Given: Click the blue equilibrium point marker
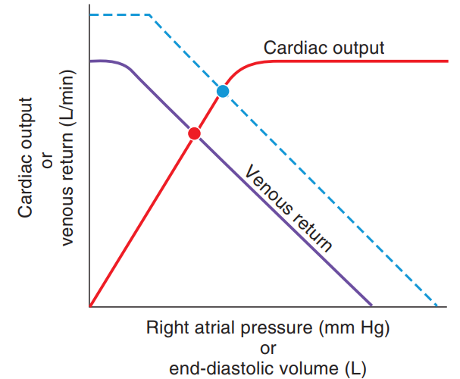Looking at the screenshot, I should pyautogui.click(x=222, y=91).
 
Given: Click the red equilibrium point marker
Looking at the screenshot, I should pyautogui.click(x=194, y=133).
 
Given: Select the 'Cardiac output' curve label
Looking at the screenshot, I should pyautogui.click(x=324, y=48).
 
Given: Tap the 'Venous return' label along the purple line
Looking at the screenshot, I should pyautogui.click(x=288, y=208).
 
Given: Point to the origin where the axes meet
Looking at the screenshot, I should pyautogui.click(x=89, y=307).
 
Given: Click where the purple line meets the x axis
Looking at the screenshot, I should pyautogui.click(x=371, y=306).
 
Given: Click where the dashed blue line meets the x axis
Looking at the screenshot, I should pyautogui.click(x=439, y=306).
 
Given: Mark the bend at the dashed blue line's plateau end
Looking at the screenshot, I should pyautogui.click(x=151, y=15).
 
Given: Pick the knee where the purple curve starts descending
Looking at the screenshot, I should pyautogui.click(x=129, y=67).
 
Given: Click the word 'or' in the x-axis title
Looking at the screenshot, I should pyautogui.click(x=268, y=349).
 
